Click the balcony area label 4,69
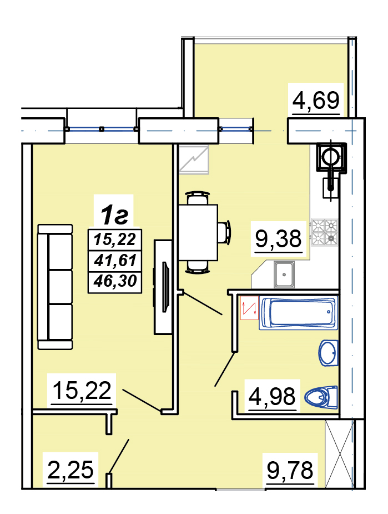[316, 101]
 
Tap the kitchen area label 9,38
[278, 238]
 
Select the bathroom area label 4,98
[272, 396]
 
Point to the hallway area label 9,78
[290, 470]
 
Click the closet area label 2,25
[70, 470]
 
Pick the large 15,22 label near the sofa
[82, 391]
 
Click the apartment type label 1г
[114, 215]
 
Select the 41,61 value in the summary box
[115, 260]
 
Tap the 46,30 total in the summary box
[115, 281]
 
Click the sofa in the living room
[55, 287]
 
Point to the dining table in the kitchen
[198, 232]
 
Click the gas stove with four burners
[324, 232]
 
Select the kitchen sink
[284, 275]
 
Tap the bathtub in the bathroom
[298, 313]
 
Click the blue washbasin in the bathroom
[329, 353]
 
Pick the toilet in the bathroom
[321, 397]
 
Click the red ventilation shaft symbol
[249, 308]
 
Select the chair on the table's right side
[225, 232]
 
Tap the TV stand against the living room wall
[163, 287]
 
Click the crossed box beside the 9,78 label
[340, 454]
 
